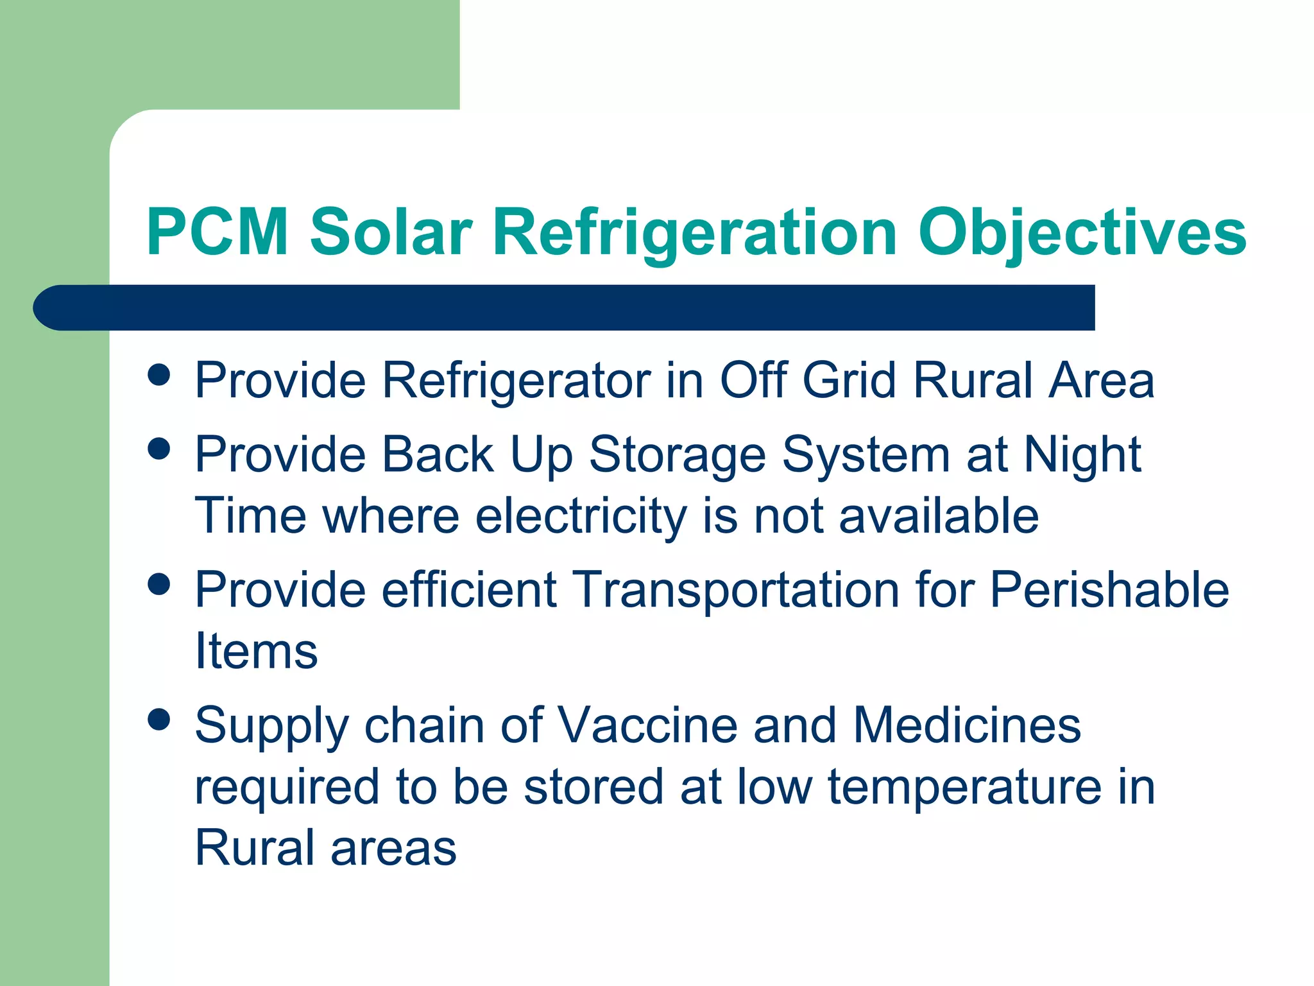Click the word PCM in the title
coord(217,232)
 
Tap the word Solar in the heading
coord(391,232)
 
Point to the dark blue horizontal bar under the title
coord(565,308)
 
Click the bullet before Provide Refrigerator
coord(158,375)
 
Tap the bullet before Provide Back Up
coord(158,449)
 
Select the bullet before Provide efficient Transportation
coord(158,584)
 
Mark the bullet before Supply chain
coord(158,720)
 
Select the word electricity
coord(581,517)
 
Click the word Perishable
coord(1109,589)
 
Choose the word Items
coord(256,651)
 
